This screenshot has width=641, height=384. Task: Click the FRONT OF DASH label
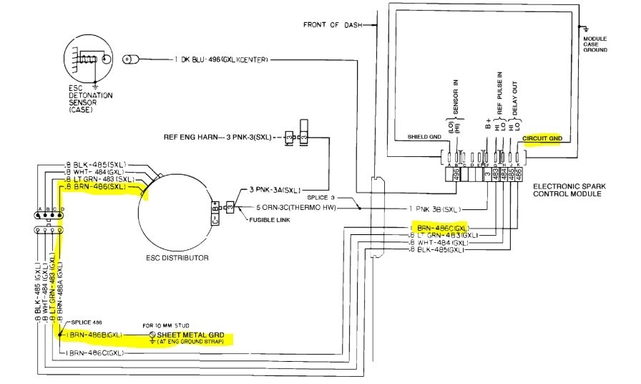tap(331, 24)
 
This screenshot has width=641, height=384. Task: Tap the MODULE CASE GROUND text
tap(595, 44)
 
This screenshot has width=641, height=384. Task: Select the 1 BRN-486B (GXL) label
tap(97, 335)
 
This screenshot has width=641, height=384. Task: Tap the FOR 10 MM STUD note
tap(162, 324)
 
